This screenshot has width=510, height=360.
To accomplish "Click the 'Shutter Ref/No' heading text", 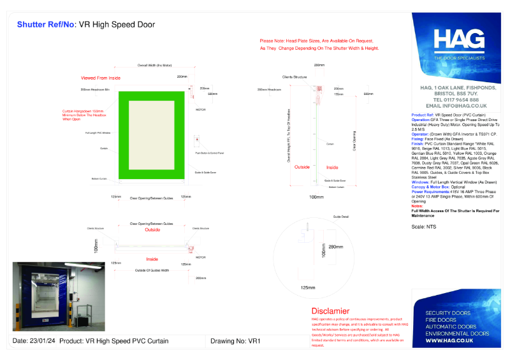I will [x=45, y=25].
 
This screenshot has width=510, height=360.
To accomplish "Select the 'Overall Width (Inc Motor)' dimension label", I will [x=154, y=66].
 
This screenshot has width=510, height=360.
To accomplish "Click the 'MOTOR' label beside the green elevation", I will [x=200, y=110].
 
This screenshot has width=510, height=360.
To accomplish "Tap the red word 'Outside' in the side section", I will [x=302, y=167].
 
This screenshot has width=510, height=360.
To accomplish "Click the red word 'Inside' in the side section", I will [x=332, y=167].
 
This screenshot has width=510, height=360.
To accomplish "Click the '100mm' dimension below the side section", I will [x=316, y=197].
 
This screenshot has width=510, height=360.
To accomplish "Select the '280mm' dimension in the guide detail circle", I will [x=335, y=246].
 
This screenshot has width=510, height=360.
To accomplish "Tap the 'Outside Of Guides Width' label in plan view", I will [x=151, y=271].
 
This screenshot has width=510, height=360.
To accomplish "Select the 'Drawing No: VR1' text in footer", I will [x=235, y=341].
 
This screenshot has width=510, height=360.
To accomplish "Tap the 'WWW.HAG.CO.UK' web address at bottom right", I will [x=449, y=341].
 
